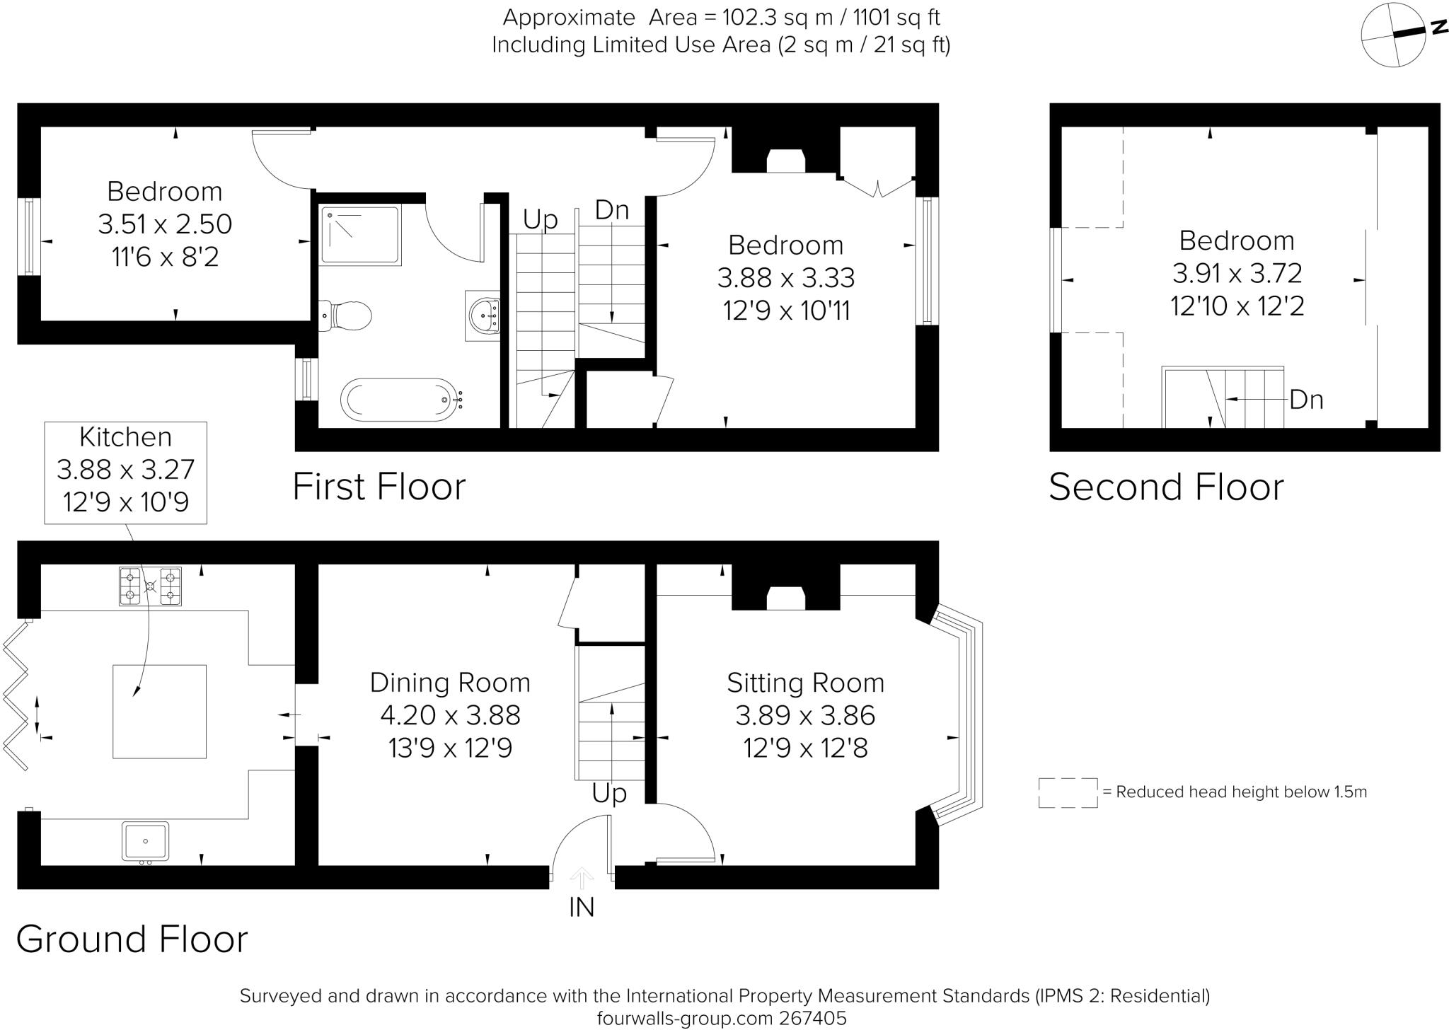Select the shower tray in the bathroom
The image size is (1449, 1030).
pyautogui.click(x=359, y=235)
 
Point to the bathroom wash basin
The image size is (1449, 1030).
pyautogui.click(x=485, y=315)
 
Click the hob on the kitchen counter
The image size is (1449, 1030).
pyautogui.click(x=150, y=586)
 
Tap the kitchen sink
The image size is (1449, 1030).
pyautogui.click(x=145, y=841)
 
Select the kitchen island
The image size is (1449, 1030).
pyautogui.click(x=159, y=711)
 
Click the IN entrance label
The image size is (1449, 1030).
pyautogui.click(x=582, y=908)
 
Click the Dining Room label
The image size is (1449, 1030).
pyautogui.click(x=450, y=683)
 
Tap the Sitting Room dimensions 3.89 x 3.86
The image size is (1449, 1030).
pyautogui.click(x=805, y=716)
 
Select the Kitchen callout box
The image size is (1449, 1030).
pyautogui.click(x=126, y=473)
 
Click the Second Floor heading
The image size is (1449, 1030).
pyautogui.click(x=1166, y=487)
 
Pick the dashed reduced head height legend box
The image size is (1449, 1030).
pyautogui.click(x=1068, y=793)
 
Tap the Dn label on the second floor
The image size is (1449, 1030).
pyautogui.click(x=1306, y=400)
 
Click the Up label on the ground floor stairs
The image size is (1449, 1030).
pyautogui.click(x=609, y=794)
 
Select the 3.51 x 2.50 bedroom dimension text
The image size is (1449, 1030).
pyautogui.click(x=165, y=224)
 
